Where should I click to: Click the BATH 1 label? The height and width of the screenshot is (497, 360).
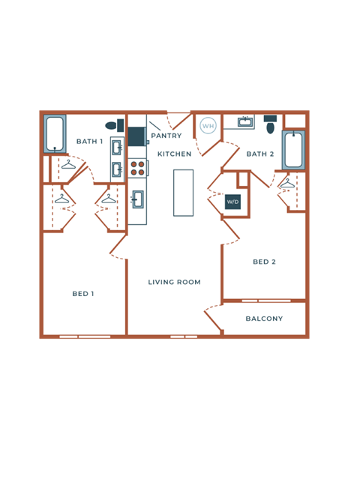coord(89,141)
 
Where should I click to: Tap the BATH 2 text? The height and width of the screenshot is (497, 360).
coord(260,154)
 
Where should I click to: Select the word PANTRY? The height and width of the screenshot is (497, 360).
coord(166,136)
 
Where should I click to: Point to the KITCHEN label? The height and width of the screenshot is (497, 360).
coord(174,154)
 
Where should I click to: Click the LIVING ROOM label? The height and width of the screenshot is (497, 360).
coord(174,282)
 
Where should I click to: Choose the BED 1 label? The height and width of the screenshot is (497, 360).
coord(82,294)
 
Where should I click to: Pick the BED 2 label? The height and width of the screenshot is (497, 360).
coord(264,262)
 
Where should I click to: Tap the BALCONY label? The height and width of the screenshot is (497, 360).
coord(264,319)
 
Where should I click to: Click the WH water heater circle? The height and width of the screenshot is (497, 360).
coord(208,125)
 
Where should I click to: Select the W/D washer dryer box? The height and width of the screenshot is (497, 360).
coord(233,202)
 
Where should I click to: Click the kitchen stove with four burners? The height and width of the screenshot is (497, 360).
coord(137,168)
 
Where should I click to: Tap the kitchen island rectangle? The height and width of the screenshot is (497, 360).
coord(183,193)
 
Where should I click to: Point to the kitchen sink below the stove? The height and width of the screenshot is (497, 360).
coord(137,199)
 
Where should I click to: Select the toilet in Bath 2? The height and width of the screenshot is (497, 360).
coord(270,124)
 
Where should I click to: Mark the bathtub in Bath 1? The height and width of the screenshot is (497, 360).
coord(55,133)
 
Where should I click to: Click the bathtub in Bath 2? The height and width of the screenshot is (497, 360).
coord(293,150)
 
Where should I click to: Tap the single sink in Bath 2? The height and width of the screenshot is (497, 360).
coord(244,121)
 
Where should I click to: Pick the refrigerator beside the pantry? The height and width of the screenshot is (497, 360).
coord(136,136)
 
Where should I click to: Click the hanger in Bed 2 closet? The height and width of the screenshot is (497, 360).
coord(287,183)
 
